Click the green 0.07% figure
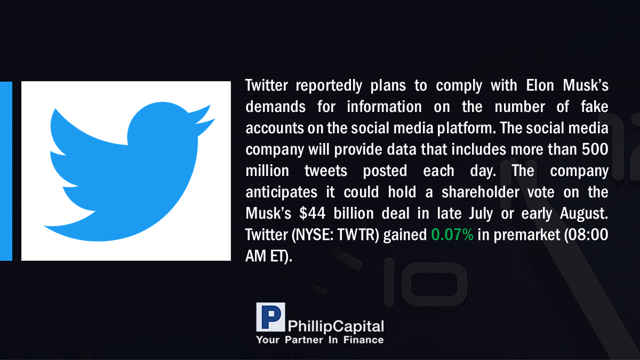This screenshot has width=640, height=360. [x=452, y=235]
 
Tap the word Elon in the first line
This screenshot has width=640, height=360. [x=540, y=85]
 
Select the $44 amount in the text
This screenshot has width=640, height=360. [x=313, y=213]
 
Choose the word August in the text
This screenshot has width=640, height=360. [x=584, y=214]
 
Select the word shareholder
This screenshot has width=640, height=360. [x=481, y=191]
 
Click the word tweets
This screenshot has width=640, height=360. [x=326, y=171]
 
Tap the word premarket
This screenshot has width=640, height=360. [x=527, y=235]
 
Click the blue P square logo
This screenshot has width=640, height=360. [x=270, y=317]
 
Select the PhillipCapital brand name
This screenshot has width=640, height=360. [x=335, y=326]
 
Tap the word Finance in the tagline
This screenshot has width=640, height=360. [x=363, y=340]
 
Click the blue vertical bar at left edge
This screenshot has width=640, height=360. [x=6, y=171]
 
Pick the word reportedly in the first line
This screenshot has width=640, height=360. [x=329, y=86]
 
